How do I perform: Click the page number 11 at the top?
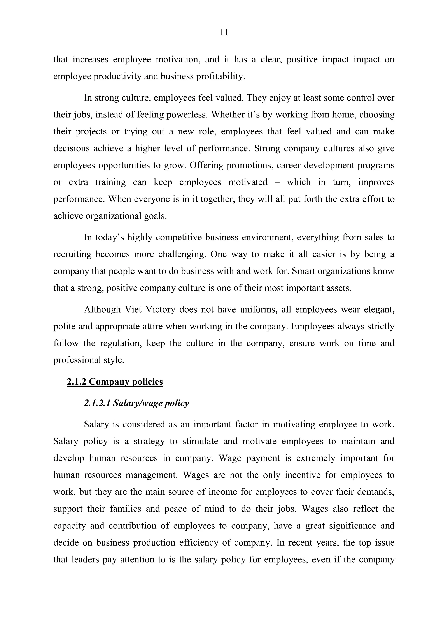click(x=224, y=33)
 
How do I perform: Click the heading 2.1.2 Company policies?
click(x=115, y=382)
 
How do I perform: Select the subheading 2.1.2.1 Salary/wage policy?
click(x=136, y=403)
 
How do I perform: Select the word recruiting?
click(x=72, y=254)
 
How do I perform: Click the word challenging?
click(x=182, y=254)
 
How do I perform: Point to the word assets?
click(x=339, y=288)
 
